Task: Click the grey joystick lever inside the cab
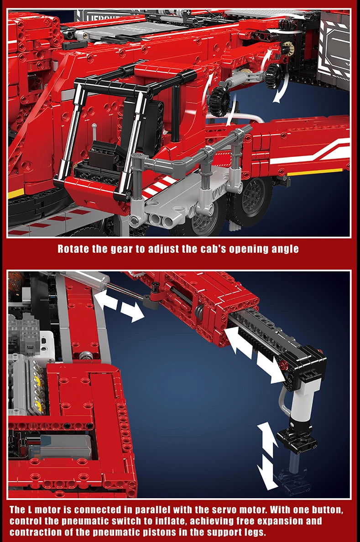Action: pos(94,135)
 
